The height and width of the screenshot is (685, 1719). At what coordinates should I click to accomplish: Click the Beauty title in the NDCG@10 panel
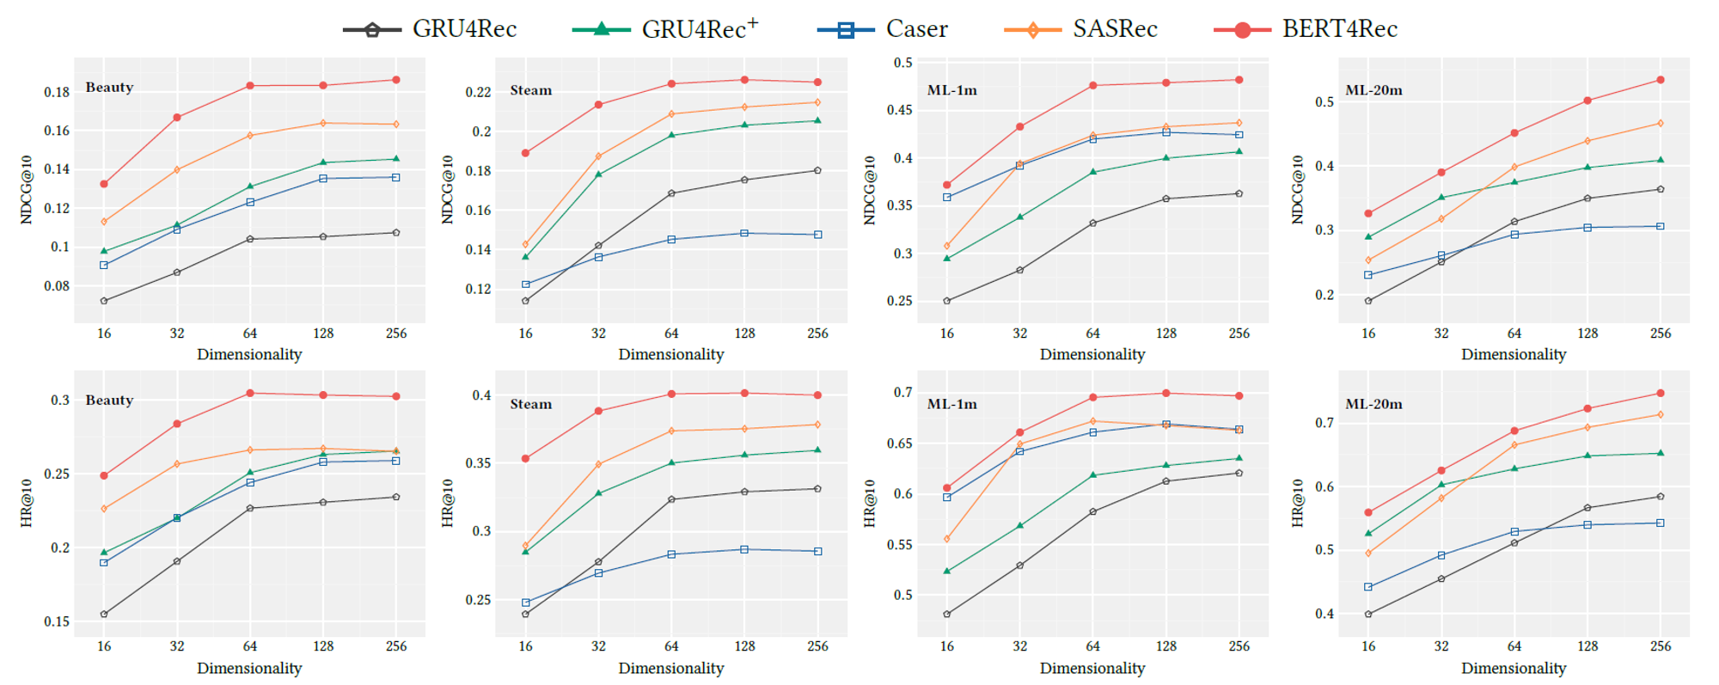109,87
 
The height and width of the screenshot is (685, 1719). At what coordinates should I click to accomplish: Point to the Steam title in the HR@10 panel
530,404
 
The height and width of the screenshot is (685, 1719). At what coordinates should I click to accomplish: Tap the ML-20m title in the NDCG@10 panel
1373,90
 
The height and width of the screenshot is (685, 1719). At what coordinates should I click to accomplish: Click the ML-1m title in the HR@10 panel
951,404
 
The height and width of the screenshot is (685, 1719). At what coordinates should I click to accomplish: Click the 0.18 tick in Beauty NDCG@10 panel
57,92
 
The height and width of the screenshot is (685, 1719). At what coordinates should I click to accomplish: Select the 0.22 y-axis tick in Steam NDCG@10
478,92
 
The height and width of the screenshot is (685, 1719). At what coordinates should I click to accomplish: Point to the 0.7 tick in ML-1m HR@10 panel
902,393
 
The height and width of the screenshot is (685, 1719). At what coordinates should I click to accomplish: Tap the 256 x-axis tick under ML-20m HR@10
1660,646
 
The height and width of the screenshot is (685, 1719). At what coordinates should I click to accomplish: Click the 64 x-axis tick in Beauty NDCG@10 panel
249,333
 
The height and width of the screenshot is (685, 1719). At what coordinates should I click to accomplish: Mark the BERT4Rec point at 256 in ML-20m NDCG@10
1660,80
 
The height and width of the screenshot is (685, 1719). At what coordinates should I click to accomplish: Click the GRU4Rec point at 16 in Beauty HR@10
104,615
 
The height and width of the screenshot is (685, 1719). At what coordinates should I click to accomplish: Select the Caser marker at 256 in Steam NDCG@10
817,235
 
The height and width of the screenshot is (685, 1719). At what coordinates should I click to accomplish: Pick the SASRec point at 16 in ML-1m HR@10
947,539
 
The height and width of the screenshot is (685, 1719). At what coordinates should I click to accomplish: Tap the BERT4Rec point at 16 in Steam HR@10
525,458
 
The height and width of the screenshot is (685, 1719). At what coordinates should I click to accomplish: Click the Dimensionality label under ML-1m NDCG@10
1092,354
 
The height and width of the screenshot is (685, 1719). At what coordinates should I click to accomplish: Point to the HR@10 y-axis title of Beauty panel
27,503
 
